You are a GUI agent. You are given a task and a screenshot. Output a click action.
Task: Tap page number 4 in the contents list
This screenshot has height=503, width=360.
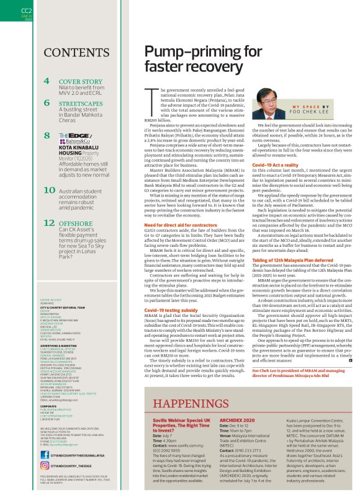point(47,81)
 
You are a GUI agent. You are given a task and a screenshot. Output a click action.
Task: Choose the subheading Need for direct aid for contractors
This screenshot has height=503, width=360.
point(181,225)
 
